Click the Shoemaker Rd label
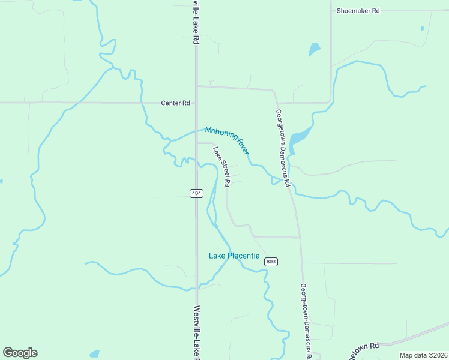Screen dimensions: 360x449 358,11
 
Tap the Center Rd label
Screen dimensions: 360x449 175,103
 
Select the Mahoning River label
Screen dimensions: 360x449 226,140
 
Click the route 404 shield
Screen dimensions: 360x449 196,193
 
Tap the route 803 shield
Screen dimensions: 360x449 271,261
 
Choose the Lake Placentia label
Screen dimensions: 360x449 234,256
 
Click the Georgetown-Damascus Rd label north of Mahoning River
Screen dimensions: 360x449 283,147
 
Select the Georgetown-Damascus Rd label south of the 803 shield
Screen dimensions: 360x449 306,321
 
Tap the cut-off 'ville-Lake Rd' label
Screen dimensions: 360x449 196,23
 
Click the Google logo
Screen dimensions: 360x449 20,353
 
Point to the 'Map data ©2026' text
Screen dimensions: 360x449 423,355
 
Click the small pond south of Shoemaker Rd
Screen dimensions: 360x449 313,49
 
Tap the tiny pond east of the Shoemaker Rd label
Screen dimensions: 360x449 423,28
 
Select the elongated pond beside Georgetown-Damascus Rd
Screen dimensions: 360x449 300,140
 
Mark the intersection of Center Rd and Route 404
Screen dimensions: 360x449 196,103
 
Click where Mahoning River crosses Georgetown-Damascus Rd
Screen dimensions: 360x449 284,179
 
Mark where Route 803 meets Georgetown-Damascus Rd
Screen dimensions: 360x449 300,238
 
